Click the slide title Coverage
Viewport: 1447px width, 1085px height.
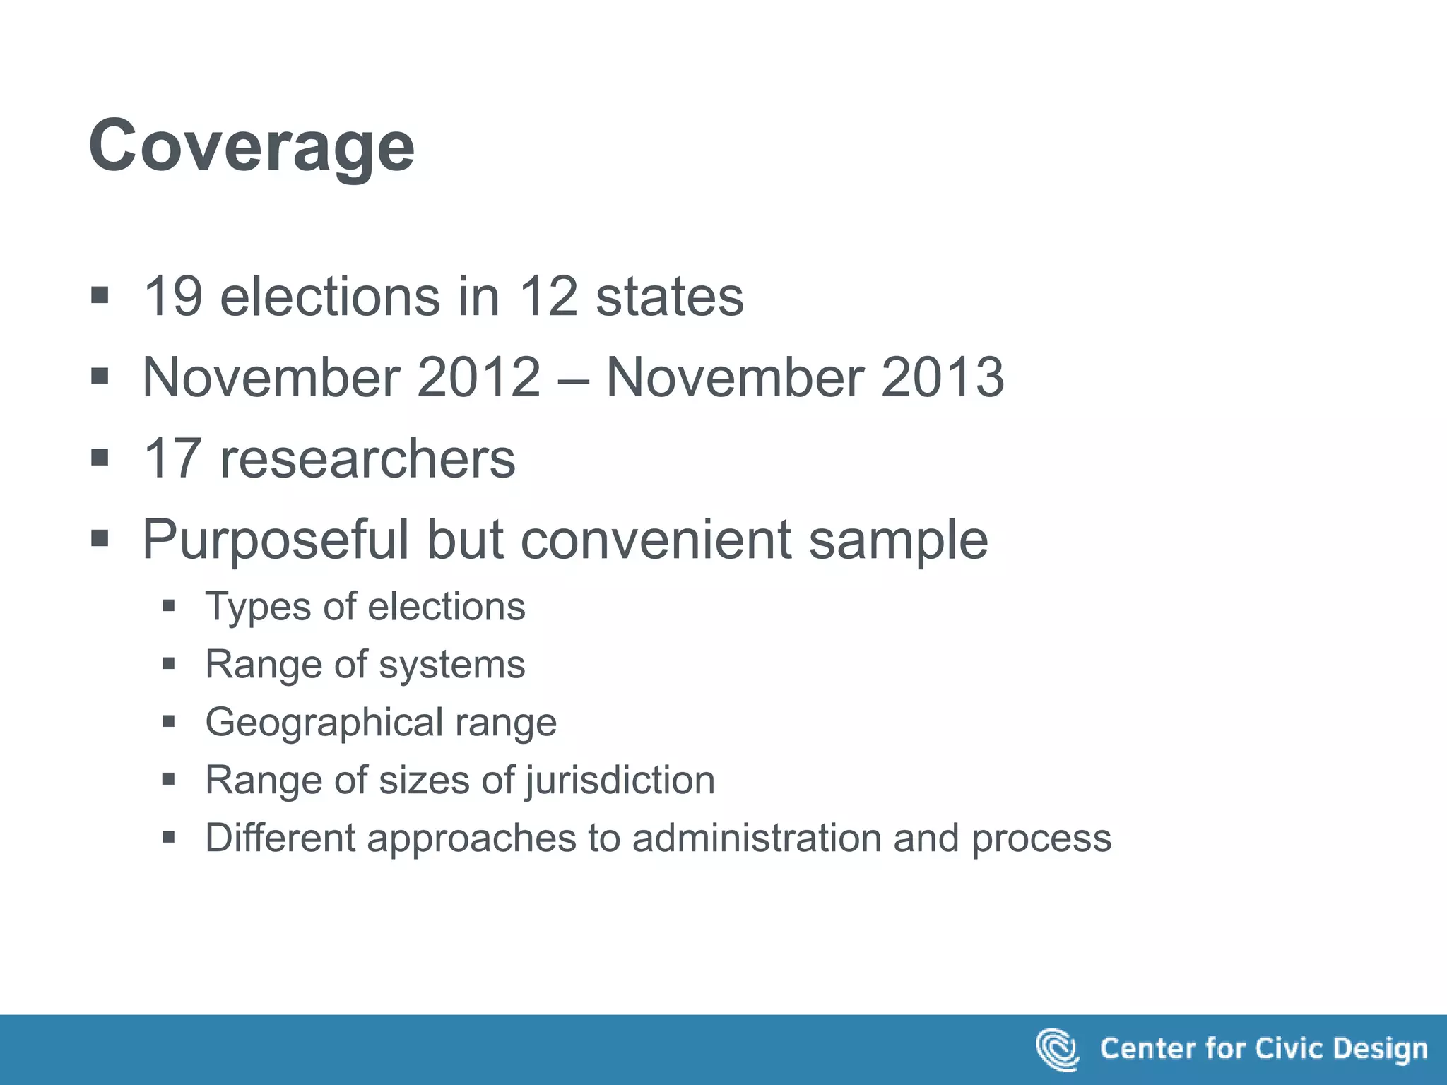[x=252, y=147]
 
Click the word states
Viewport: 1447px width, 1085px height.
[x=670, y=297]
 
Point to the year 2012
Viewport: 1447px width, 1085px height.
[x=479, y=377]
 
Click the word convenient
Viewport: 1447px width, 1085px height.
[x=655, y=540]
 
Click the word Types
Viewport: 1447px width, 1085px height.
[x=258, y=607]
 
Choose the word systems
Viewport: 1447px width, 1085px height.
[x=452, y=665]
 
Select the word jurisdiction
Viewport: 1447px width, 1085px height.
[x=620, y=781]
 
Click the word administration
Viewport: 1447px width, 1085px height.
[x=757, y=838]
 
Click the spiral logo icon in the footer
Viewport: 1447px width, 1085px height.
[x=1057, y=1050]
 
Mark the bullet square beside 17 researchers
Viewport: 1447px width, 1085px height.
[x=100, y=458]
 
